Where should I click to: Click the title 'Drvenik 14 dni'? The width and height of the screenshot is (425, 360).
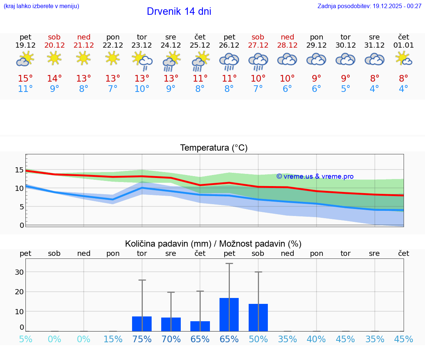tap(179, 11)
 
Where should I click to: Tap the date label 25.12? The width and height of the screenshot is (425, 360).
tap(200, 45)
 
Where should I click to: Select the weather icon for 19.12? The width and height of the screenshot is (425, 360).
tap(25, 59)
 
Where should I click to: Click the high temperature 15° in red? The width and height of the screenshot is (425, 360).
tap(25, 79)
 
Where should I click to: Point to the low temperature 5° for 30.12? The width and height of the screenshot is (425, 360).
tap(345, 89)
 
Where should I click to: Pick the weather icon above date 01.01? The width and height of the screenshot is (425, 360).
tap(403, 59)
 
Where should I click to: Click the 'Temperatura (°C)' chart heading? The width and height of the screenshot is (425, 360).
tap(214, 148)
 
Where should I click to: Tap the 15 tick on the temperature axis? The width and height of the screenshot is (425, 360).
tap(20, 170)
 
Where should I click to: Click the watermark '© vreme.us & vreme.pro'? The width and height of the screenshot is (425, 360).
tap(315, 176)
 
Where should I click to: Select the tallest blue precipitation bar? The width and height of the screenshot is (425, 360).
tap(229, 315)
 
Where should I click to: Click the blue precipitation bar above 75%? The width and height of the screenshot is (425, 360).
tap(142, 324)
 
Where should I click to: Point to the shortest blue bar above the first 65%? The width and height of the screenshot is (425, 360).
tap(200, 326)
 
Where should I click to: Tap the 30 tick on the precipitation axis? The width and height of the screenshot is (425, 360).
tap(19, 272)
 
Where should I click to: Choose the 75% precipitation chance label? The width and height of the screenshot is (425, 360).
tap(142, 339)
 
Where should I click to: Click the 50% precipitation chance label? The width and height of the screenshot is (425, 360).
tap(258, 339)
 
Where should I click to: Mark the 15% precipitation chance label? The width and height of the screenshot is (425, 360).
tap(113, 339)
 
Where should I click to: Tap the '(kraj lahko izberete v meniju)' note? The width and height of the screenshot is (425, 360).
tap(41, 6)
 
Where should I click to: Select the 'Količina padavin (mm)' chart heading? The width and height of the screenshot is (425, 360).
tap(213, 244)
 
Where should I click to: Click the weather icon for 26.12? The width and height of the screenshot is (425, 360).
tap(229, 61)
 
